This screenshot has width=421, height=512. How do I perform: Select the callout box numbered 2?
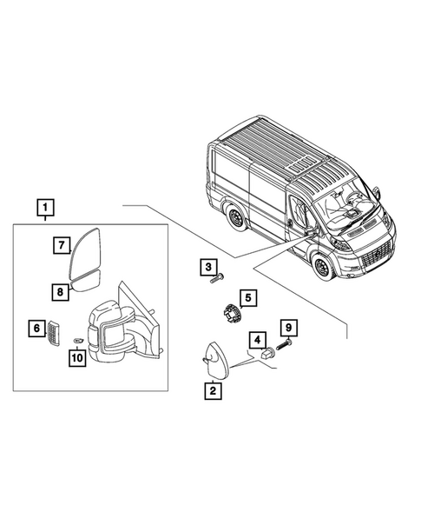point(211,391)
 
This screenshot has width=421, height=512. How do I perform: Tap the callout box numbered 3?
point(208,266)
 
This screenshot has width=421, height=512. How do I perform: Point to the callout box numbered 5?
point(247,298)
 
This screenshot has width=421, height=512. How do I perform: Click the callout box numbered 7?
point(62,245)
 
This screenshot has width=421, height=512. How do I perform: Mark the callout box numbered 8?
point(60,291)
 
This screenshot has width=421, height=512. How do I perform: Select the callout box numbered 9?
point(288,328)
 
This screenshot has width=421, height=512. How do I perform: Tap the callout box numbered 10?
point(76,356)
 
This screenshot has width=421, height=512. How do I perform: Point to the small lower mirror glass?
point(87,281)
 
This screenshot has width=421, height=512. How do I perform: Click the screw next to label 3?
point(217,278)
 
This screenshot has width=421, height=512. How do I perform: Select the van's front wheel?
point(324,269)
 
